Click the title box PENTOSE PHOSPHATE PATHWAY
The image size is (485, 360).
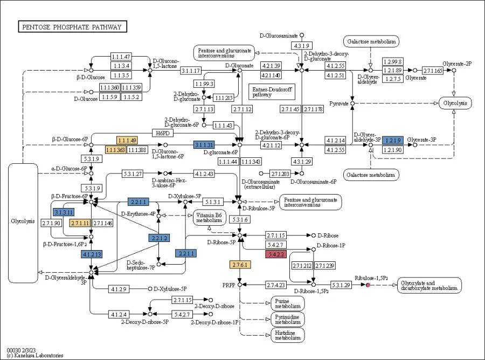72,27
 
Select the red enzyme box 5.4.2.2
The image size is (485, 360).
276,254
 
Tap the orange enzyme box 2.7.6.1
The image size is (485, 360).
239,265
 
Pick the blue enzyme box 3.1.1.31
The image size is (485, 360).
204,144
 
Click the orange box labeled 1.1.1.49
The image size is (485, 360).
127,140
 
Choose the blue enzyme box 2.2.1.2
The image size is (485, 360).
159,238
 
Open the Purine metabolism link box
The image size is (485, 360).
287,303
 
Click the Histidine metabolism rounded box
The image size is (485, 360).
287,335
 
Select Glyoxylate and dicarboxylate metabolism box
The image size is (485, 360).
429,285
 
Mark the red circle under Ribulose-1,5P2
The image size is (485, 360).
368,285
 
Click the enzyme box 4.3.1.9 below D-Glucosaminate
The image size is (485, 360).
301,45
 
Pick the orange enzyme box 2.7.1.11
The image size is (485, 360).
79,223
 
